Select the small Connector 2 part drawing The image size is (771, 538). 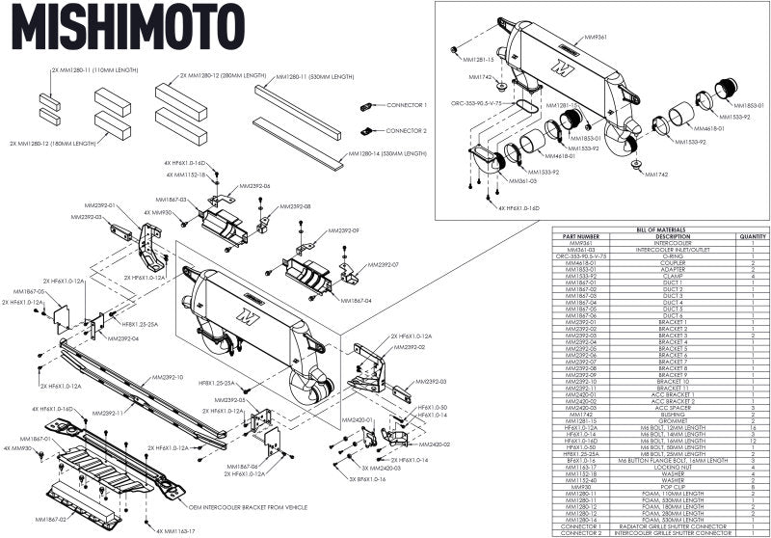point(366,129)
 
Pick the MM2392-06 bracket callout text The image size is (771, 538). point(253,185)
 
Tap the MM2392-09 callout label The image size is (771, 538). point(343,231)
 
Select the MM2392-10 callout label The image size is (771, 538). point(166,378)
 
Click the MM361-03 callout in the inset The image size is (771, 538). point(524,180)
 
